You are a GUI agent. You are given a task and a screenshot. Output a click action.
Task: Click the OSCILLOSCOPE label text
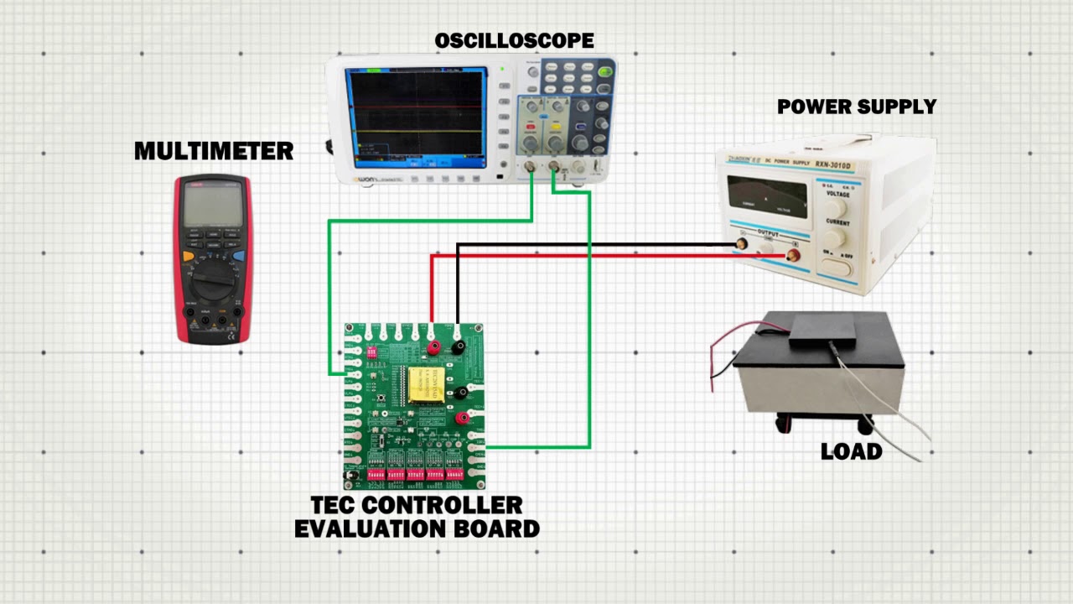[514, 40]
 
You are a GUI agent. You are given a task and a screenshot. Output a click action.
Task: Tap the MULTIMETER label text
[214, 151]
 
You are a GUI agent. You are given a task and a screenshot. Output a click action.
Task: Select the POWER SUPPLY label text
[856, 107]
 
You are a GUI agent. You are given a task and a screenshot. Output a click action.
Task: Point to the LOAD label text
[851, 451]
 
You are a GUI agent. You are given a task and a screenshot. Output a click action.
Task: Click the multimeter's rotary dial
[212, 285]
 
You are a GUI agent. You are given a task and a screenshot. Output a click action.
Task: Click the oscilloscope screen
[416, 117]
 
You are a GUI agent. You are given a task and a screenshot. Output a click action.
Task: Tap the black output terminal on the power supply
[742, 244]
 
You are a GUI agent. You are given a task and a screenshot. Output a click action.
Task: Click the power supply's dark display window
[767, 197]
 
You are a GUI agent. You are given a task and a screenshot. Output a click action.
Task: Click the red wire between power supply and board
[587, 255]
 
